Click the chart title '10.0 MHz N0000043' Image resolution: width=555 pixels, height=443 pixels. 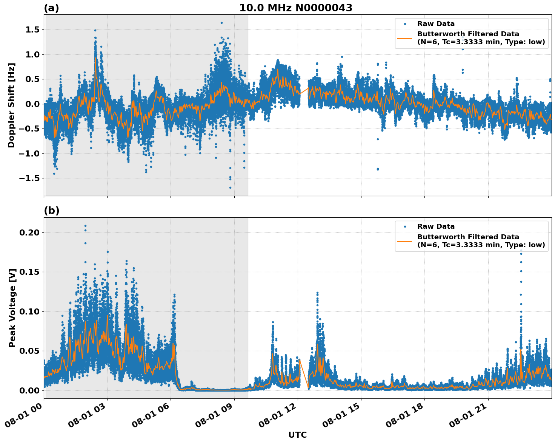pos(295,8)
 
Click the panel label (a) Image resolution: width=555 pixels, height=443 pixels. pos(51,8)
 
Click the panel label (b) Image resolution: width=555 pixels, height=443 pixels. pos(51,211)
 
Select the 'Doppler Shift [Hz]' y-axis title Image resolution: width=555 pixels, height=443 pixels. pos(11,105)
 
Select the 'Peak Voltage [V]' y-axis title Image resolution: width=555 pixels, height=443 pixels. pos(12,308)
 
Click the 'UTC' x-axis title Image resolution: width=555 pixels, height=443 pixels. pos(297,435)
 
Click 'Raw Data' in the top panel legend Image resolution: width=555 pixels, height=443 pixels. pos(436,24)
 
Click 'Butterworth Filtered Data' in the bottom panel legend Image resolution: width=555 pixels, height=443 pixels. pos(468,237)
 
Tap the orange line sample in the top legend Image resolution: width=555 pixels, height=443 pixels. pos(404,38)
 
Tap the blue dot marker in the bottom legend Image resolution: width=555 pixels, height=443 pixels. pos(405,227)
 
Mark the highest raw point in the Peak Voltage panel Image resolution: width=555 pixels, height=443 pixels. pos(85,226)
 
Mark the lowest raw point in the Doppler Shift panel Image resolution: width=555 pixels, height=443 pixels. pos(230,187)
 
